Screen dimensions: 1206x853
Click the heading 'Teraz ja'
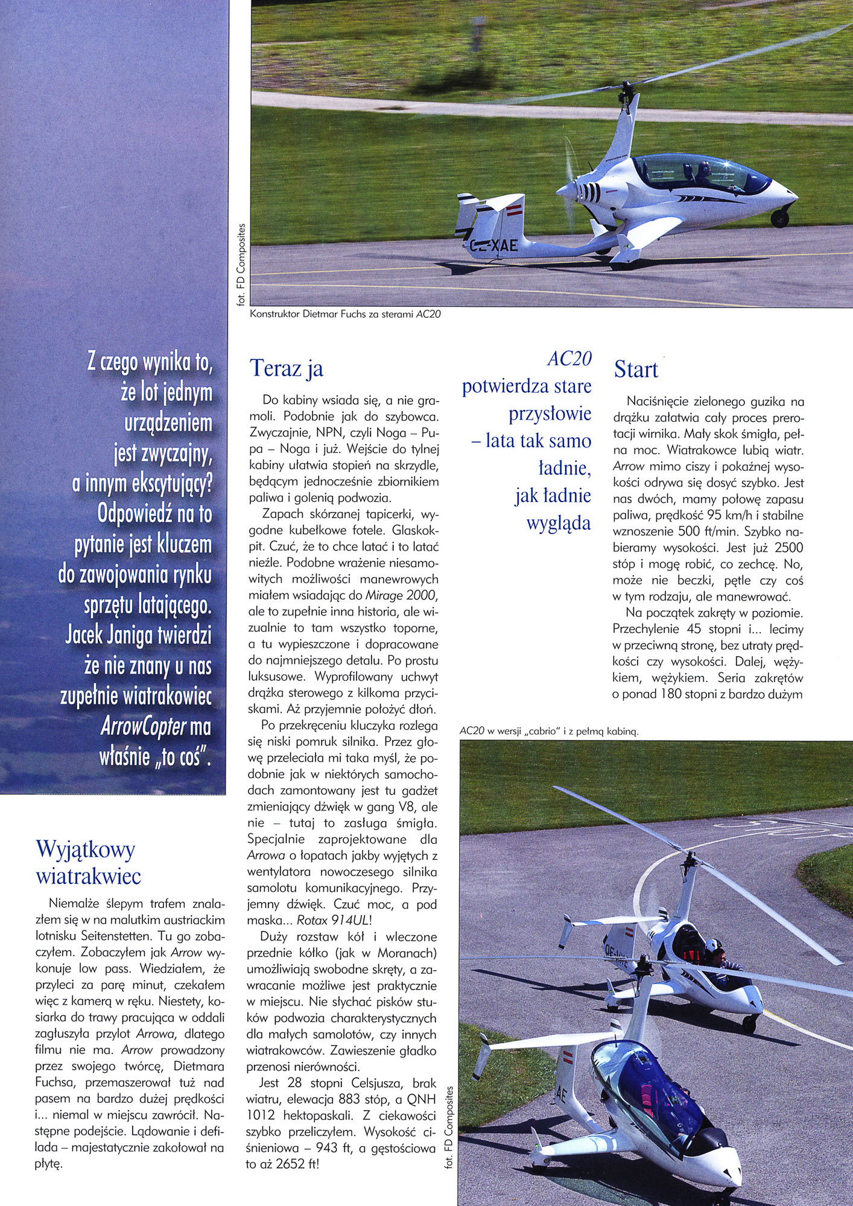(287, 368)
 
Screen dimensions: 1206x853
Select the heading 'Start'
(636, 370)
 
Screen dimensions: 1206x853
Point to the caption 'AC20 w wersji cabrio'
(548, 731)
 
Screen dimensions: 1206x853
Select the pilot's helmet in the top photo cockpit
(704, 168)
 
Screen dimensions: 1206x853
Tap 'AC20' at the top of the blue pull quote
(569, 359)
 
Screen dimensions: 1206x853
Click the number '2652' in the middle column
(292, 1164)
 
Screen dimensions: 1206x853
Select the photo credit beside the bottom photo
(448, 1128)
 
